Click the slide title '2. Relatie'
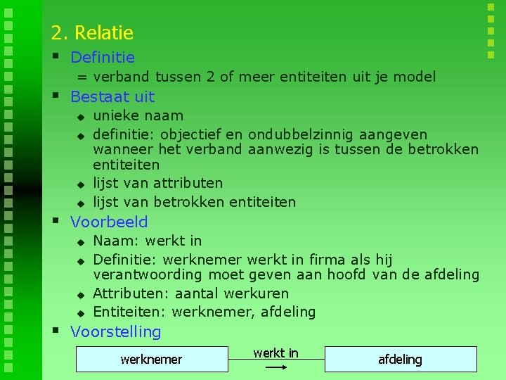coord(92,32)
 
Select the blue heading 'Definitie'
coord(103,57)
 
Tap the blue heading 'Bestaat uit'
coord(112,96)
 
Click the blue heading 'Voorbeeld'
coord(109,222)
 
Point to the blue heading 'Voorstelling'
coord(116,331)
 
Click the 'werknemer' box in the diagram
coord(151,360)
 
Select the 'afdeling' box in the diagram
coord(400,360)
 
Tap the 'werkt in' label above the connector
coord(275,353)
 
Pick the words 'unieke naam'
coord(138,115)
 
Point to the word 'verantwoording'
coord(147,274)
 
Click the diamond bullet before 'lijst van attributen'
coord(80,184)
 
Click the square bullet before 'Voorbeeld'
coord(56,220)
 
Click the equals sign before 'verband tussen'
coord(82,77)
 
